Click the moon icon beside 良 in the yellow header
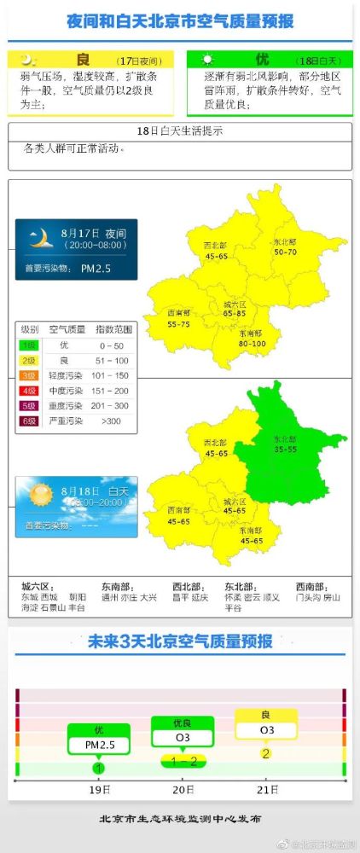tap(28, 60)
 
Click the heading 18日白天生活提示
tap(179, 132)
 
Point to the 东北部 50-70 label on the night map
tap(285, 247)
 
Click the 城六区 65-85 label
tap(235, 309)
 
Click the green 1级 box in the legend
tap(29, 345)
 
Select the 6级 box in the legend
tap(29, 421)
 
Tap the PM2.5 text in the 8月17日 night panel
tap(98, 269)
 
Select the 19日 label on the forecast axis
tap(99, 790)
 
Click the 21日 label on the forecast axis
tap(265, 790)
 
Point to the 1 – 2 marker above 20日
tap(183, 760)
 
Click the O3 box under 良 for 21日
tap(267, 730)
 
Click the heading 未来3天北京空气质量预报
tap(180, 641)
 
